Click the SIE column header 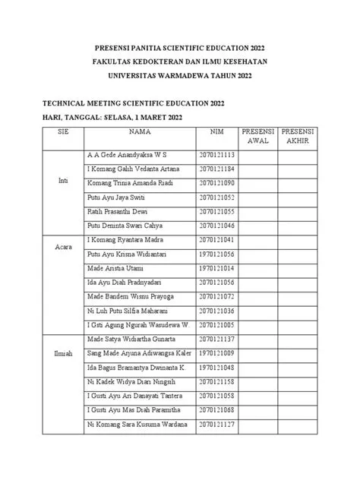(63, 131)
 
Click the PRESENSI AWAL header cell (257, 136)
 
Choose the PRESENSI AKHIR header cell (297, 136)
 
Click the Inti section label (63, 182)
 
